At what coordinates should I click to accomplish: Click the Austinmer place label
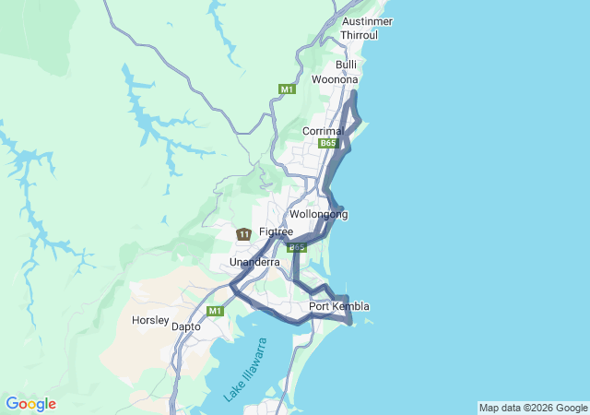tap(367, 20)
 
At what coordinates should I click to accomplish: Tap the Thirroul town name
tap(359, 34)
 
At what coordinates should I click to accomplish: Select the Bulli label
tap(347, 65)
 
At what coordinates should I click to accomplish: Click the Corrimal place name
tap(323, 131)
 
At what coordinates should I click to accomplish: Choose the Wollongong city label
tap(319, 214)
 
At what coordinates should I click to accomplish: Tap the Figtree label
tap(276, 231)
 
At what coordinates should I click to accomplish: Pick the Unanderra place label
tap(254, 263)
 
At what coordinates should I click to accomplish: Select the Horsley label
tap(151, 321)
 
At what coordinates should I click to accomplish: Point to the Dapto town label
tap(187, 326)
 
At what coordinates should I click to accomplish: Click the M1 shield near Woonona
tap(287, 89)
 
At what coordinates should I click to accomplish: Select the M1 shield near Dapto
tap(215, 311)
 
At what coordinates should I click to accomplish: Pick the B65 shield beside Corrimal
tap(329, 144)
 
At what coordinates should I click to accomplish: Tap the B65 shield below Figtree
tap(297, 247)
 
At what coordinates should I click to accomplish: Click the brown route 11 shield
tap(243, 234)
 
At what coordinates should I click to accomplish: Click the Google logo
tap(30, 404)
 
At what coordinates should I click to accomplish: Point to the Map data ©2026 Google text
tap(533, 408)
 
